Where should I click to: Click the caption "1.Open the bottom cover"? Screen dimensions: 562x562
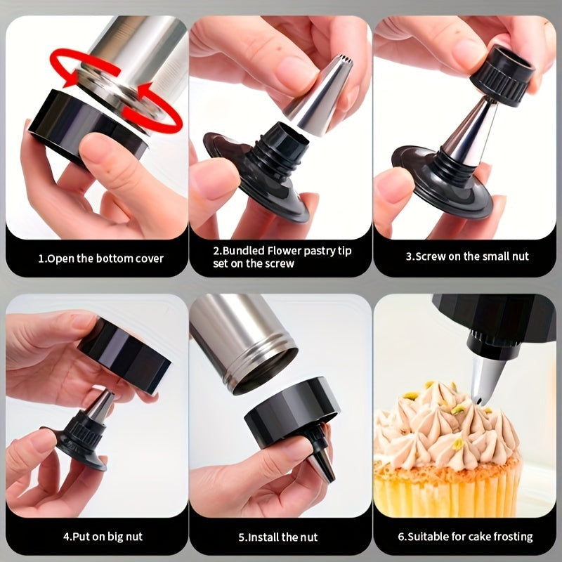[100, 258]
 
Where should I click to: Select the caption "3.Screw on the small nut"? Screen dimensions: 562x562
[467, 256]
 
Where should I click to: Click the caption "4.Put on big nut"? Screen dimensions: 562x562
[103, 536]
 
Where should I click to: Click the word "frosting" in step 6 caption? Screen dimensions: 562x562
[508, 537]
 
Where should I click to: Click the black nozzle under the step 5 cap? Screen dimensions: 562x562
[323, 457]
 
